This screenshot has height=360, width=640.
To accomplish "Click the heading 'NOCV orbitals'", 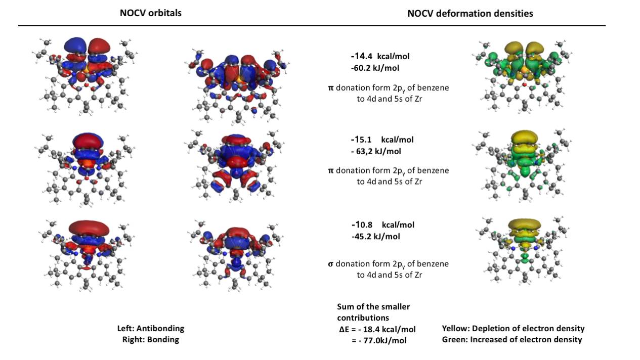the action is (x=151, y=13).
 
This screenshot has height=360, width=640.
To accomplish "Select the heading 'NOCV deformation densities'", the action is (x=470, y=14).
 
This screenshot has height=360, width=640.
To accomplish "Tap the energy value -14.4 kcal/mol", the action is (x=380, y=56).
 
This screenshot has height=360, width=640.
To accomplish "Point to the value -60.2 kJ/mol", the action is (x=375, y=68).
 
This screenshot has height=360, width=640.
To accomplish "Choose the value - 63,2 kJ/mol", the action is (x=376, y=151).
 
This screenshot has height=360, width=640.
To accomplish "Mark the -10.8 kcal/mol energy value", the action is (x=383, y=225).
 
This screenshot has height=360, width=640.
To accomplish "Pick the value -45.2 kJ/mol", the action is (x=376, y=237).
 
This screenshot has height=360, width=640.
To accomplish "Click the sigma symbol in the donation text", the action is (x=330, y=264).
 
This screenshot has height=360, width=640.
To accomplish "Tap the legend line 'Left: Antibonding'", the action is (x=151, y=328).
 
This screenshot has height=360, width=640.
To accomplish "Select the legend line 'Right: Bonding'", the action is (x=151, y=340).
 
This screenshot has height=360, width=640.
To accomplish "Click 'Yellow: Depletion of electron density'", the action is (x=513, y=329).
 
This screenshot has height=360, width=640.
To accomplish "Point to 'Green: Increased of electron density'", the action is (x=512, y=340).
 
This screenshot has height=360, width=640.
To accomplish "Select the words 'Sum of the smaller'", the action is (x=373, y=306).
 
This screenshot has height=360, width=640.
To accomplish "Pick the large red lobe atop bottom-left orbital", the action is (x=89, y=228).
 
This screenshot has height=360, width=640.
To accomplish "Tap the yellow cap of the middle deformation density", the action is (x=524, y=137).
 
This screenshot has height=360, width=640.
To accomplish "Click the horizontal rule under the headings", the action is (x=312, y=26).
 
